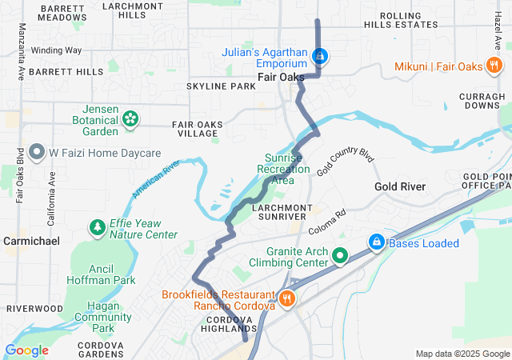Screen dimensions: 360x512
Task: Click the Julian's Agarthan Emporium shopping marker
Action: point(320,56)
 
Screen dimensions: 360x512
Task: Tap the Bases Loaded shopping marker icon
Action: point(375,242)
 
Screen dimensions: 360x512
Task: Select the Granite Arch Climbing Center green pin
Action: point(340,256)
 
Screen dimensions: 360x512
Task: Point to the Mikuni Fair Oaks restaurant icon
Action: point(497,66)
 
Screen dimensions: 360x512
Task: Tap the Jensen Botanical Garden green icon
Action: point(130,119)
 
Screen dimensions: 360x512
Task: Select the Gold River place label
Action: point(400,186)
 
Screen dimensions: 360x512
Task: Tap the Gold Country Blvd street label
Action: point(345,162)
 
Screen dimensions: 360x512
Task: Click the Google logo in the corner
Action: point(26,350)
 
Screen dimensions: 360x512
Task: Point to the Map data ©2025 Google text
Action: point(462,354)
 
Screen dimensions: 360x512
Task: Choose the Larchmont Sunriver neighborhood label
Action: point(279,211)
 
